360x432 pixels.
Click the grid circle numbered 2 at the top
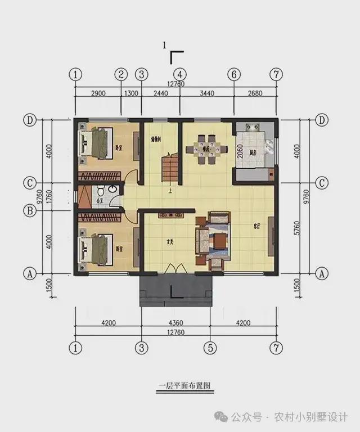(x=121, y=74)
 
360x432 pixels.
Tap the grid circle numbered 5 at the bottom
(x=210, y=347)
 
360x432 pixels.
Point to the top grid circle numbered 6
(x=234, y=74)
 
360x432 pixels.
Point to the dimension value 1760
(x=49, y=197)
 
